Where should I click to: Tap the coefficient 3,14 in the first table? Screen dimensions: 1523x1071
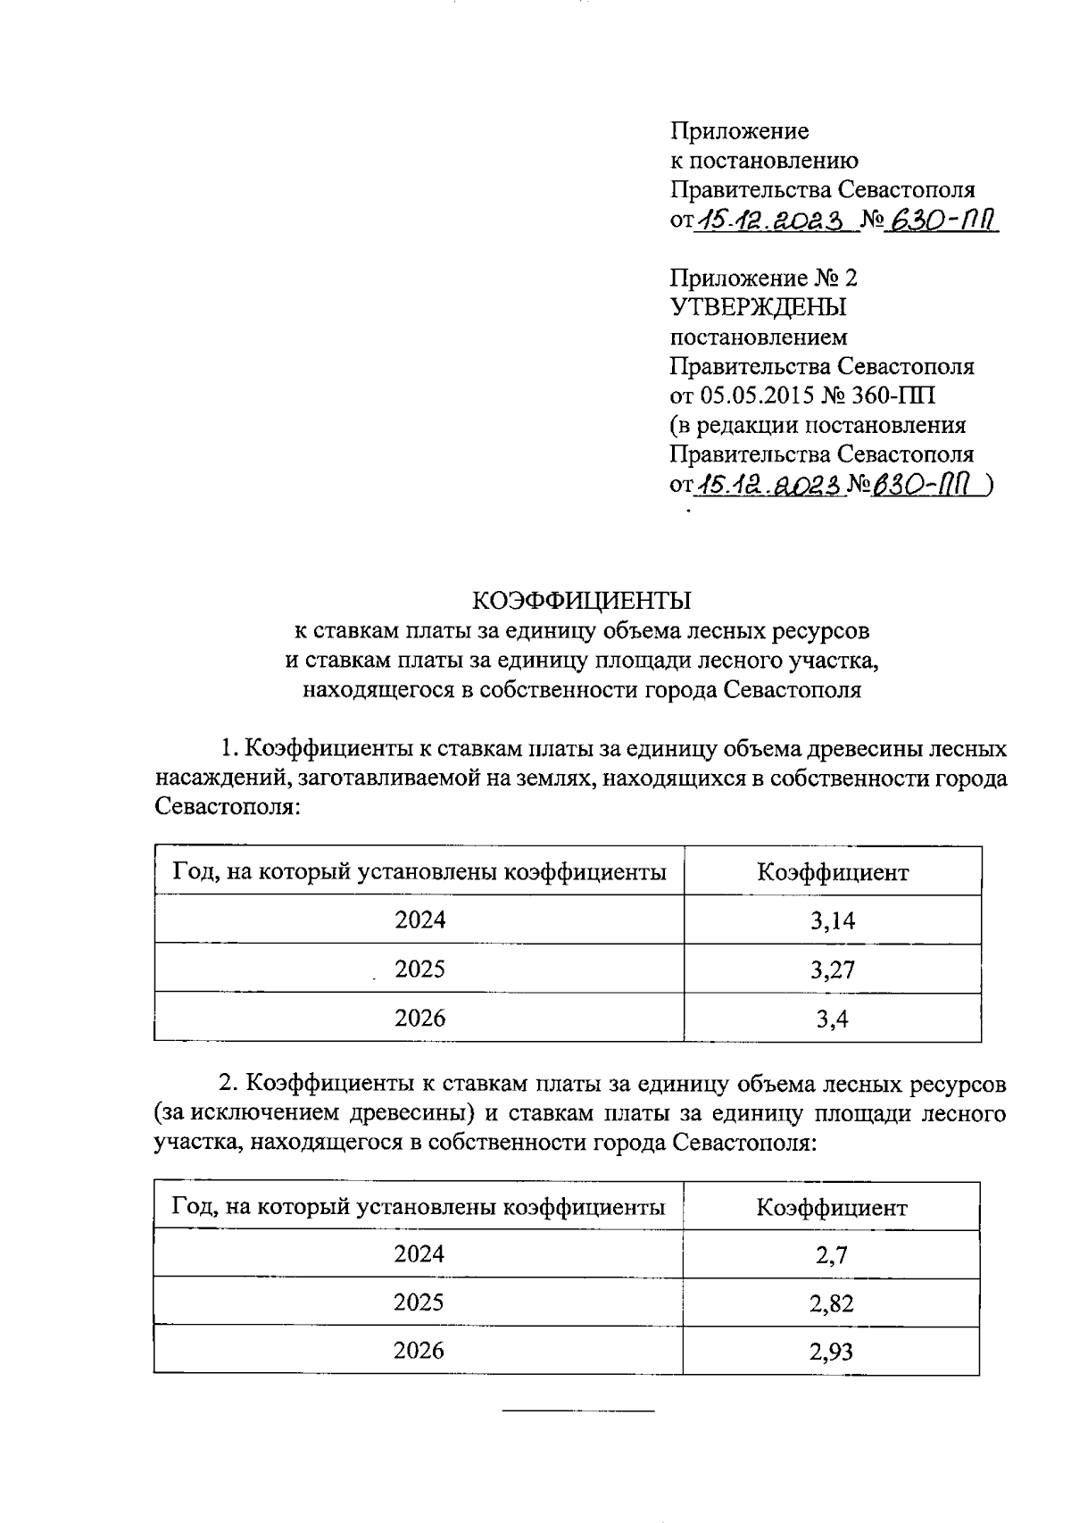pos(833,920)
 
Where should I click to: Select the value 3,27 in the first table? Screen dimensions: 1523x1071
pos(833,970)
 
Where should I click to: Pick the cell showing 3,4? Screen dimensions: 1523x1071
pos(833,1019)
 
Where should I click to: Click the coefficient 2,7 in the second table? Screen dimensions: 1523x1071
pos(831,1254)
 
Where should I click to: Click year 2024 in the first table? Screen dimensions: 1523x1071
pos(419,920)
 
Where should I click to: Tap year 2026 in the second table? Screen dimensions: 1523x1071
pos(419,1350)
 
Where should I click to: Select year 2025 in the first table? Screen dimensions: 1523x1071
pos(419,969)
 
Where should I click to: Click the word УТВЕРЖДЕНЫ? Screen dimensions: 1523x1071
pos(758,307)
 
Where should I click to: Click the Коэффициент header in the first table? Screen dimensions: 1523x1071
pos(833,872)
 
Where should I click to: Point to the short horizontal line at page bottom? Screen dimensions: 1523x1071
pos(578,1411)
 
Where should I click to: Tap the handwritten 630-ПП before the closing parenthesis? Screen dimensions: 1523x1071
pos(919,484)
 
